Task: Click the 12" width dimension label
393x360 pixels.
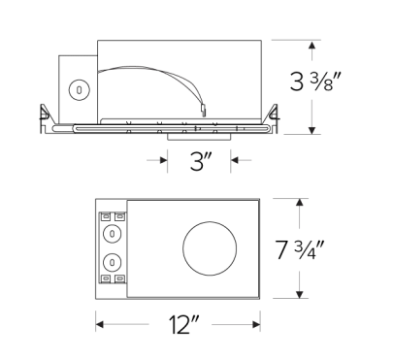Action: click(180, 326)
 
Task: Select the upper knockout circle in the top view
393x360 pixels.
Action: click(114, 233)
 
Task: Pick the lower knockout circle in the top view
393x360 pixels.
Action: click(114, 261)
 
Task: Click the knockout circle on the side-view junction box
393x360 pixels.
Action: click(77, 88)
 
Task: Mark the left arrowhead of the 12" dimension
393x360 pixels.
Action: click(100, 325)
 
